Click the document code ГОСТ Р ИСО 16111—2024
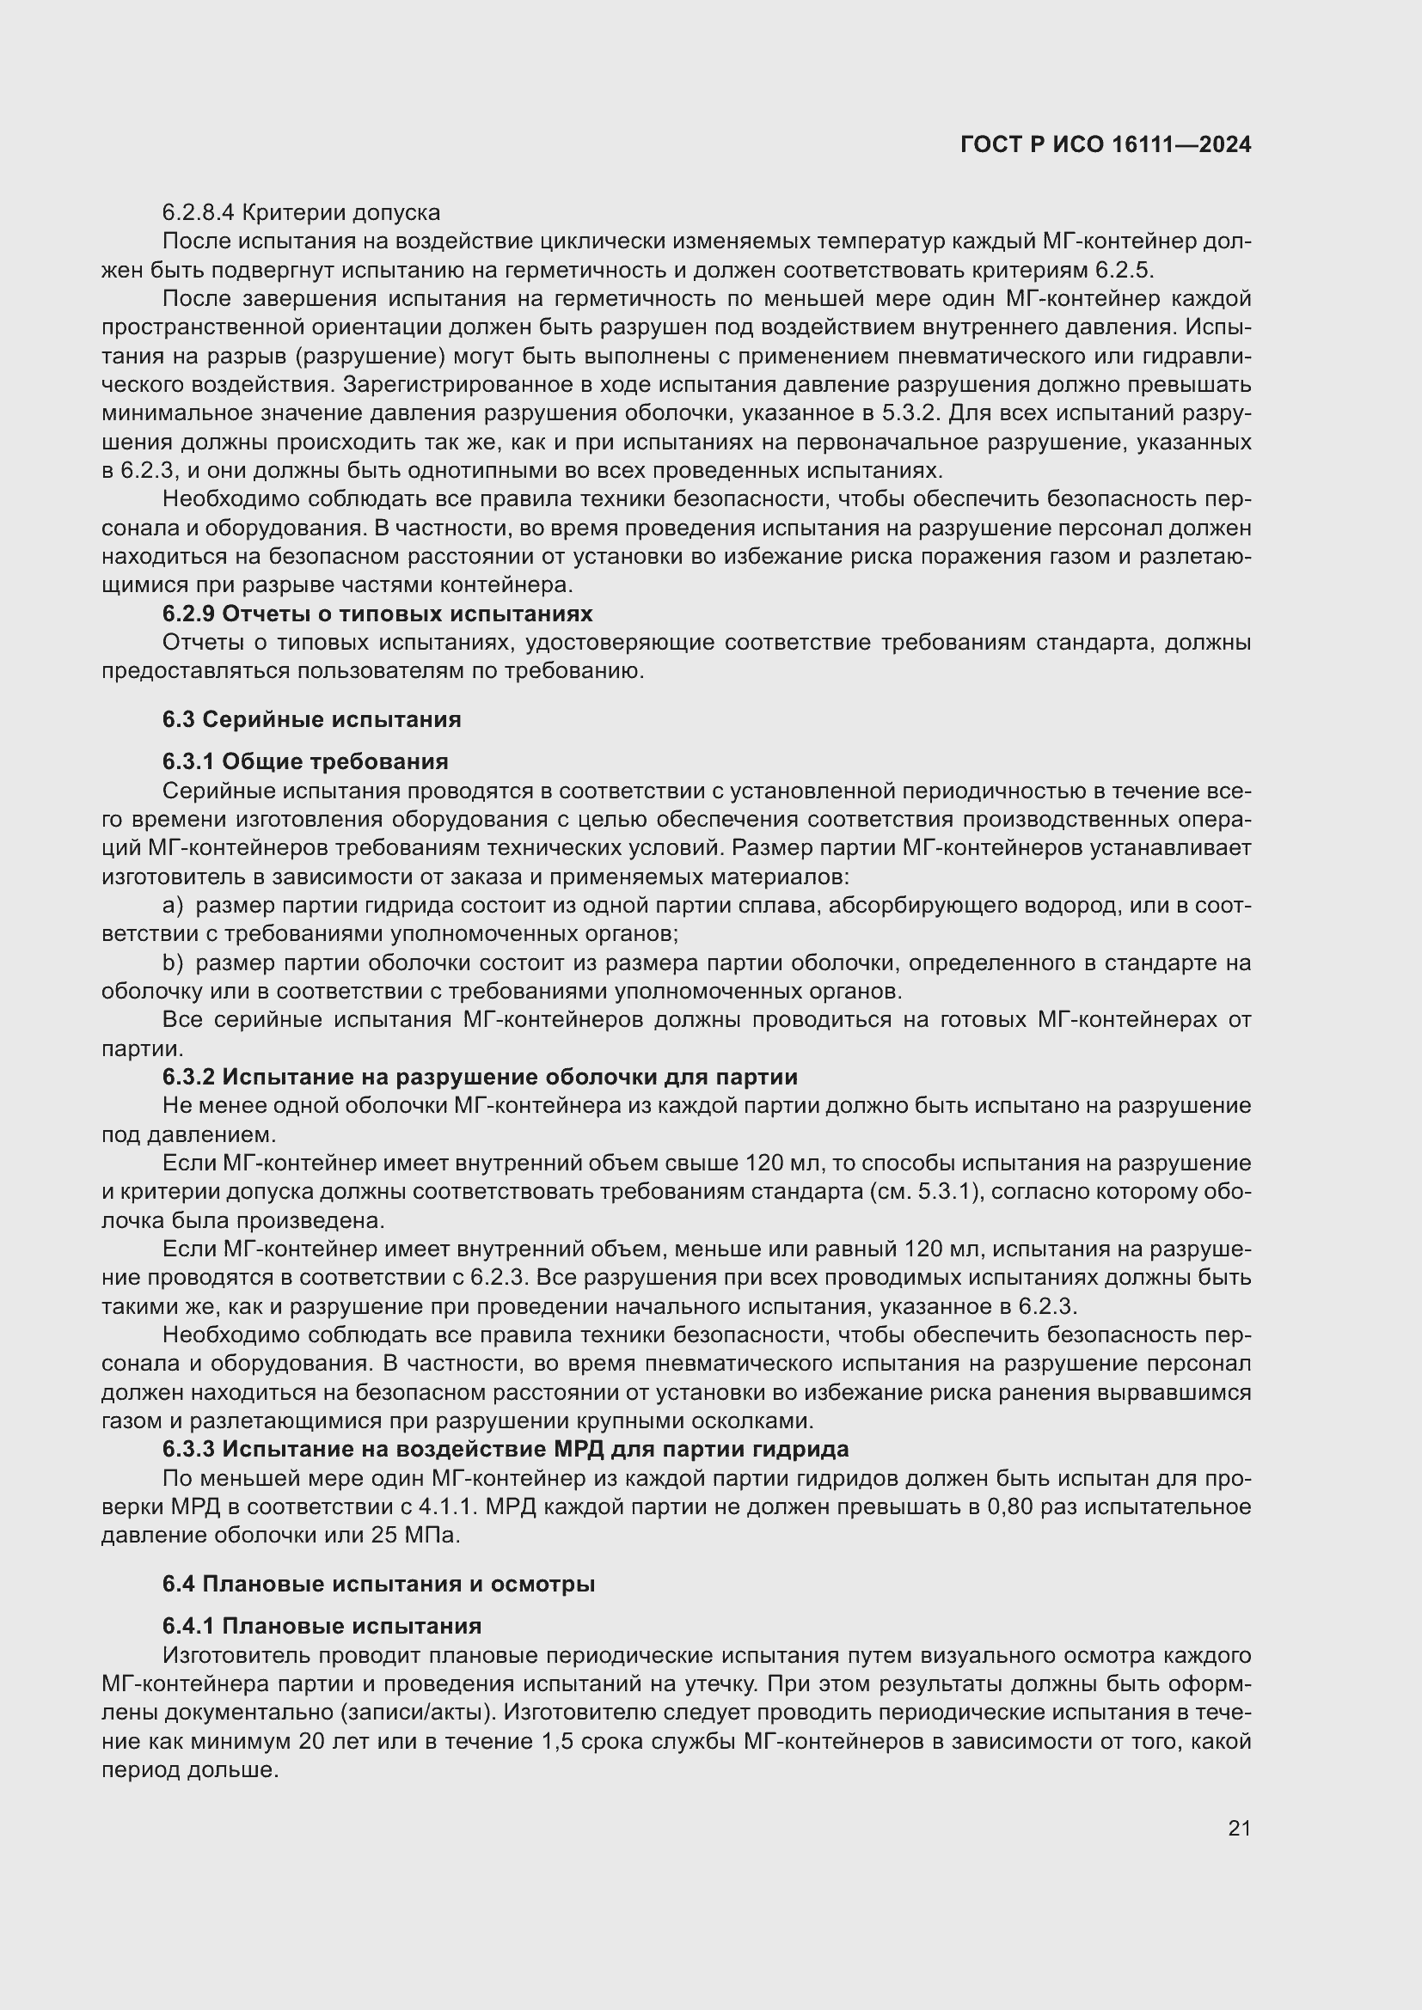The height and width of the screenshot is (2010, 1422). click(x=1105, y=145)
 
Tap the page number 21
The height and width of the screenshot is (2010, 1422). click(x=1239, y=1828)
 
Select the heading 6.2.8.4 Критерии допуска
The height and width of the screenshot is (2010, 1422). click(x=301, y=213)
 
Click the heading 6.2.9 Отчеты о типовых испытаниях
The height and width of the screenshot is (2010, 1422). click(x=377, y=614)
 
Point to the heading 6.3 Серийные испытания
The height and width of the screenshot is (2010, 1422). click(x=312, y=719)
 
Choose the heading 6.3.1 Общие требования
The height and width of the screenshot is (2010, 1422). click(x=305, y=761)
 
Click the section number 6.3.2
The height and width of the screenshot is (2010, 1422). click(x=188, y=1077)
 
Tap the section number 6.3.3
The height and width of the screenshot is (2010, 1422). click(x=188, y=1450)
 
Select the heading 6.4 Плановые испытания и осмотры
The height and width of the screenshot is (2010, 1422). click(x=378, y=1585)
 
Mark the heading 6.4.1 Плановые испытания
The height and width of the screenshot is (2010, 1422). click(x=322, y=1627)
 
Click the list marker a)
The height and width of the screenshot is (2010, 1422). click(x=173, y=906)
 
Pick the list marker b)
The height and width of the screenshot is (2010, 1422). click(x=173, y=963)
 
